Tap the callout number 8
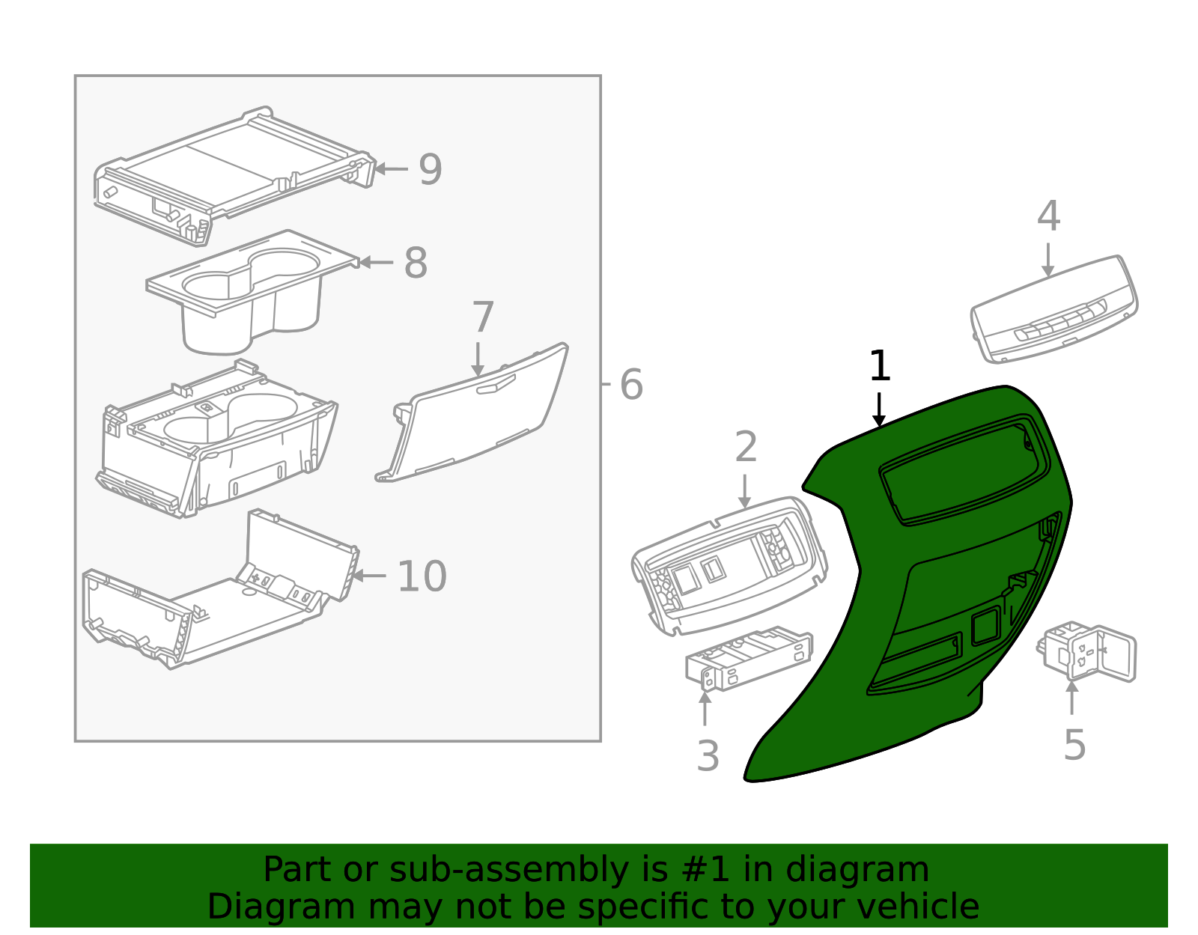(x=416, y=263)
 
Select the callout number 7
(x=483, y=317)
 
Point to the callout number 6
(x=631, y=385)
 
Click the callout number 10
(x=422, y=576)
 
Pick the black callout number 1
(x=880, y=367)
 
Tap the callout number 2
(x=746, y=447)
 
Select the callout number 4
(x=1048, y=216)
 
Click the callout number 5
(x=1074, y=745)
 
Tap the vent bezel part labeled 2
(x=726, y=569)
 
